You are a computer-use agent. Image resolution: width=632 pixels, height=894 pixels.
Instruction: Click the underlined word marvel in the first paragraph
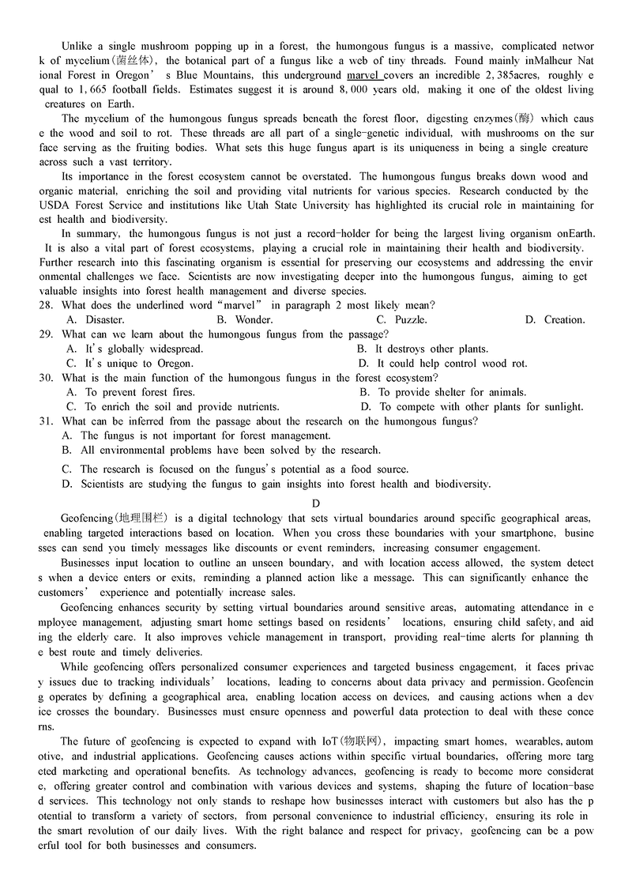point(363,75)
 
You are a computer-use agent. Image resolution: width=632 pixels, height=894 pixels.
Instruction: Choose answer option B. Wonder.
point(244,320)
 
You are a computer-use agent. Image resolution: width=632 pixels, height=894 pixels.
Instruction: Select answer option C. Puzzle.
point(401,320)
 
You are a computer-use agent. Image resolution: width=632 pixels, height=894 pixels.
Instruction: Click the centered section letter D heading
point(316,504)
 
